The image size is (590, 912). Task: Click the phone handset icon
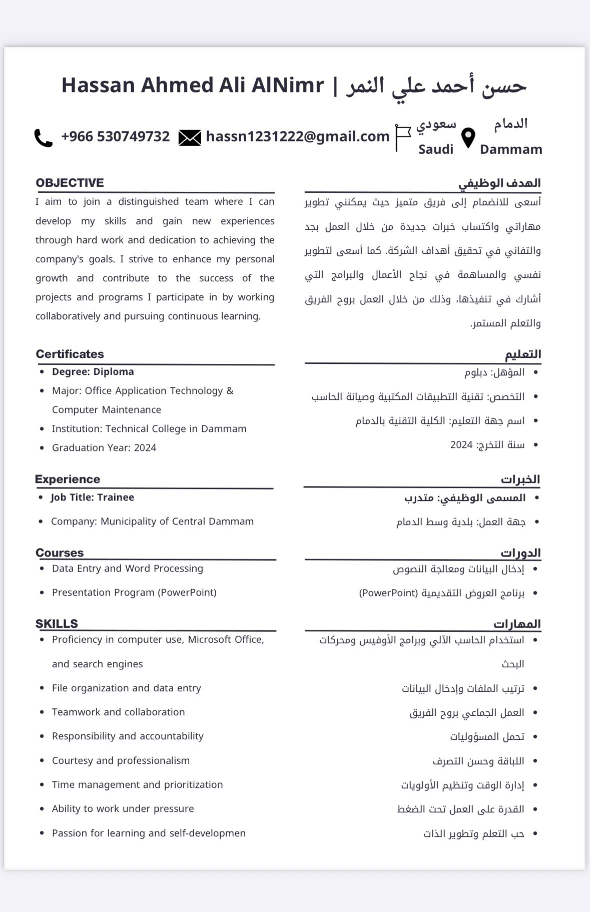click(x=43, y=138)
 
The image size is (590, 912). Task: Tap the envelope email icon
click(x=190, y=137)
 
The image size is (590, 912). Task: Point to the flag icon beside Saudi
click(x=402, y=137)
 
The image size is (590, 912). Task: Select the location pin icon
click(x=468, y=138)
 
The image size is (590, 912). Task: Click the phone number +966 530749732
click(x=115, y=136)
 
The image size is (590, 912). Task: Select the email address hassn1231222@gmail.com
click(x=298, y=136)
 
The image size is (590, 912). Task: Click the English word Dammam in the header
click(x=510, y=149)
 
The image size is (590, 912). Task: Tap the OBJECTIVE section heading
click(x=70, y=183)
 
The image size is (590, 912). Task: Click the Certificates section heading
click(x=70, y=354)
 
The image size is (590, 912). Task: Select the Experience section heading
click(x=68, y=479)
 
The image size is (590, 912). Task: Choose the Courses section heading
click(x=60, y=553)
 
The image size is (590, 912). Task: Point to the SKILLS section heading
click(x=57, y=624)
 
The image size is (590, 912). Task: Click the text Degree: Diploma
click(x=93, y=371)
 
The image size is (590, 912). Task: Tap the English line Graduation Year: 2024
click(x=104, y=447)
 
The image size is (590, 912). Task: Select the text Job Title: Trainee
click(x=92, y=497)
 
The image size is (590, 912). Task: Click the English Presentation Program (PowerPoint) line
click(x=134, y=592)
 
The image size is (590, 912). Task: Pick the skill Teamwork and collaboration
click(x=118, y=712)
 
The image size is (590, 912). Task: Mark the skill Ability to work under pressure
click(x=123, y=808)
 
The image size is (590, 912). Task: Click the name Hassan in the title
click(x=98, y=85)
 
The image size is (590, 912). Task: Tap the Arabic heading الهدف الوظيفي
click(x=499, y=183)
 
